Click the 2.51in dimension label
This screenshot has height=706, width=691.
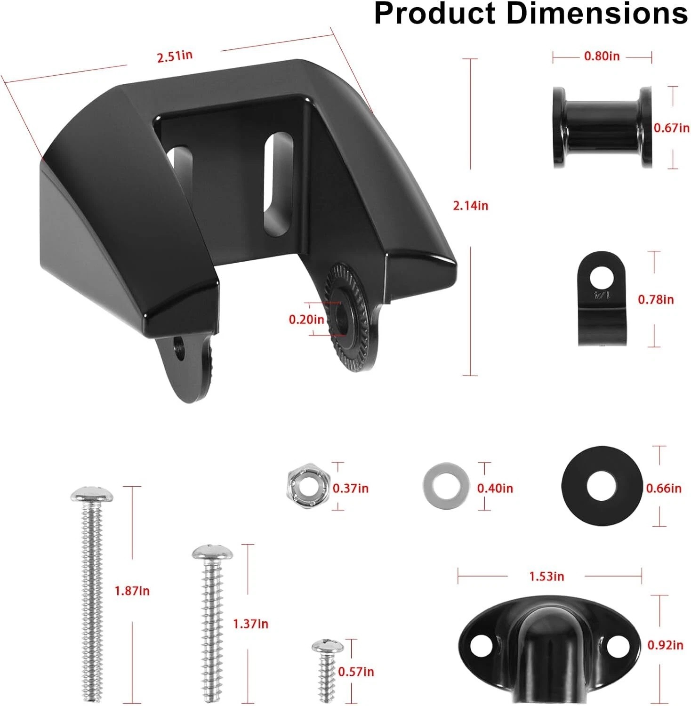[x=175, y=56]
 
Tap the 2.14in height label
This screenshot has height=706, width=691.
[x=471, y=206]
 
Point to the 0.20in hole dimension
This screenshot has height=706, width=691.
[x=306, y=320]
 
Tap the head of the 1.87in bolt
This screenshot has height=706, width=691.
[x=92, y=494]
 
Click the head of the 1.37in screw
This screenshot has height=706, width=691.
[x=213, y=553]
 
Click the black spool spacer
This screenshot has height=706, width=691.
[x=603, y=128]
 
